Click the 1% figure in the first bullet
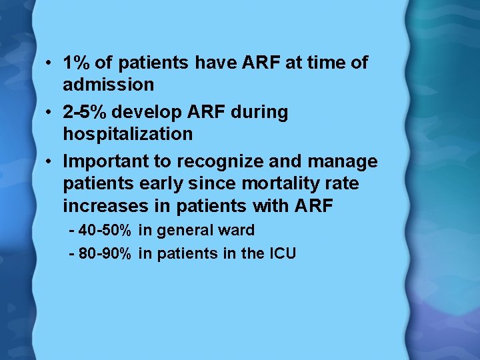click(77, 63)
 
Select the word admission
click(108, 85)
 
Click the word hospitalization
click(127, 135)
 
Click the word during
click(259, 113)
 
